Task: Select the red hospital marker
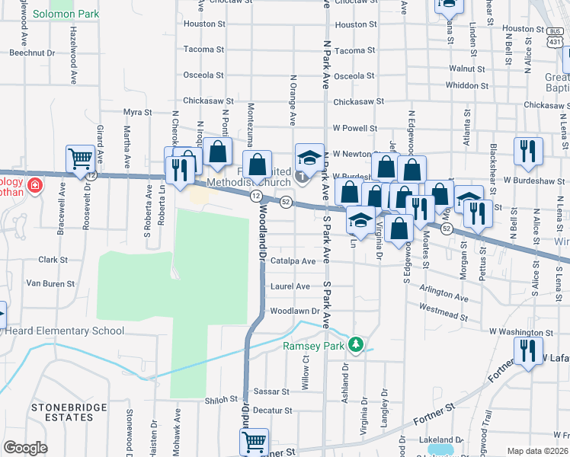34,185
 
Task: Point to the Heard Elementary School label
64,331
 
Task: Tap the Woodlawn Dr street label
293,311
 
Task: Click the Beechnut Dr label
32,53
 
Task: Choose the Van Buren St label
50,283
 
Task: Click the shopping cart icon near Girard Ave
79,159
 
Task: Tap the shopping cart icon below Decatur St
253,441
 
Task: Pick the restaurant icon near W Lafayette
525,352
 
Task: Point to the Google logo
24,448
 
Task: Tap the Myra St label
137,112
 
